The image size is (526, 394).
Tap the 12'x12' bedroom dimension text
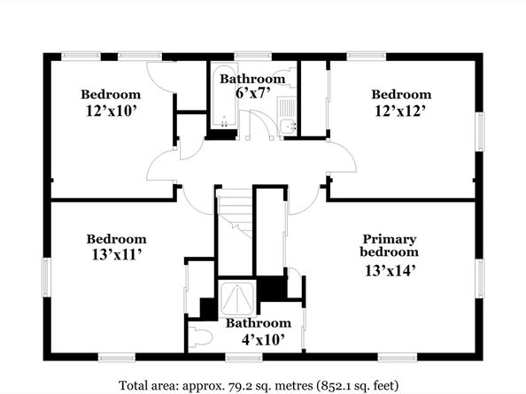400,111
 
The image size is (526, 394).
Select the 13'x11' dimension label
116,255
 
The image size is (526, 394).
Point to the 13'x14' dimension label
391,271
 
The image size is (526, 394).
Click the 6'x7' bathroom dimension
253,93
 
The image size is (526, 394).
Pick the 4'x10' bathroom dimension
263,340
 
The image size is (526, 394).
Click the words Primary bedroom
389,245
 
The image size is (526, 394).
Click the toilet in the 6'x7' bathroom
285,77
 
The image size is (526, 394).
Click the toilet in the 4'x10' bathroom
200,336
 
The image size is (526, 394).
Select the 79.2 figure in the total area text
236,385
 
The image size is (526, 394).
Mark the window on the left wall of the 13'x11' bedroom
47,277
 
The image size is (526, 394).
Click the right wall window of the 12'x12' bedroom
480,131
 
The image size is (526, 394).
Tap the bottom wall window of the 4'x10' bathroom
244,358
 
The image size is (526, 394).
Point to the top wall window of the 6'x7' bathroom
252,57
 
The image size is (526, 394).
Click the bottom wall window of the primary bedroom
398,358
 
